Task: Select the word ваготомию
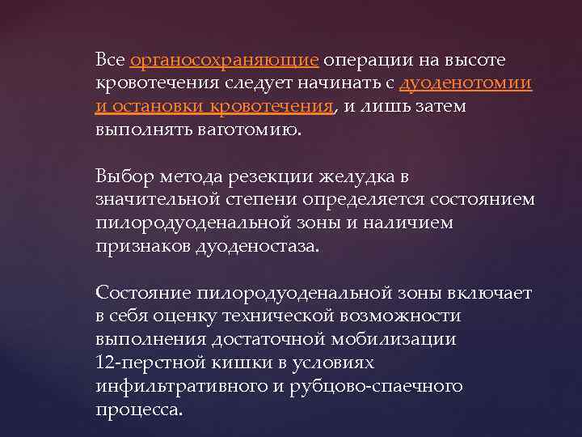coord(252,130)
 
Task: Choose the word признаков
coord(143,244)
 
